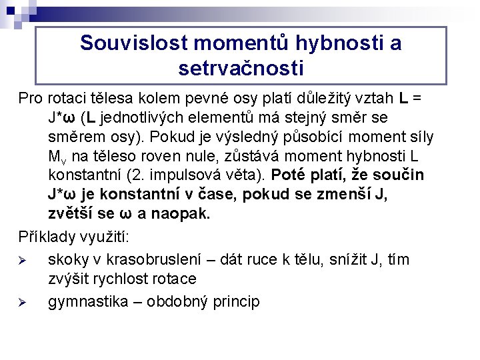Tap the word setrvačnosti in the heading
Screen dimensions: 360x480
coord(241,68)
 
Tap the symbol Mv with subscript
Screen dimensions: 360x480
coord(57,157)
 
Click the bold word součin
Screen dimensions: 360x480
coord(399,175)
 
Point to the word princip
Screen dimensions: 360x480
coord(236,302)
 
